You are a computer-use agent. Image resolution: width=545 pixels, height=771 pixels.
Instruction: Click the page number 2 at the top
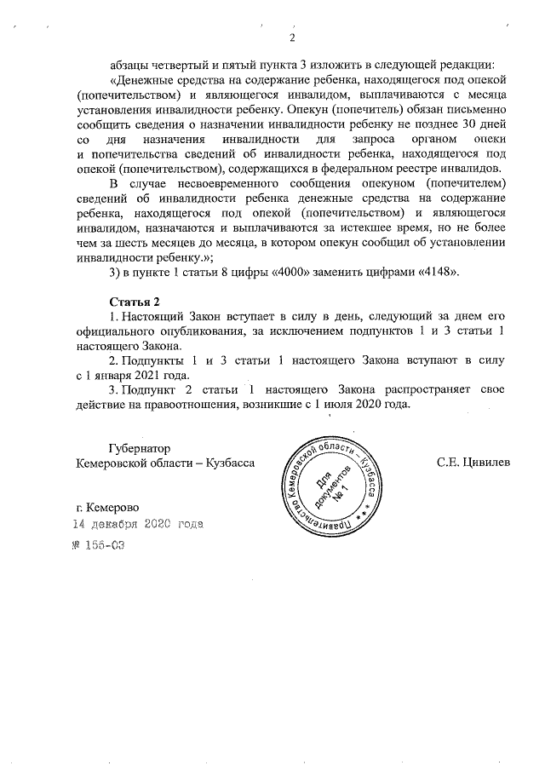click(292, 38)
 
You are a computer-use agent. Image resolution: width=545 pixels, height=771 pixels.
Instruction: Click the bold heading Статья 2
click(135, 302)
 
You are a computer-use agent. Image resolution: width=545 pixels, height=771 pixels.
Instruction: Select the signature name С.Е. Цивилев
click(473, 462)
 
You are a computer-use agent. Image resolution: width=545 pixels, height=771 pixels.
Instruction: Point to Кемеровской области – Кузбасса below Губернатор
click(165, 462)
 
